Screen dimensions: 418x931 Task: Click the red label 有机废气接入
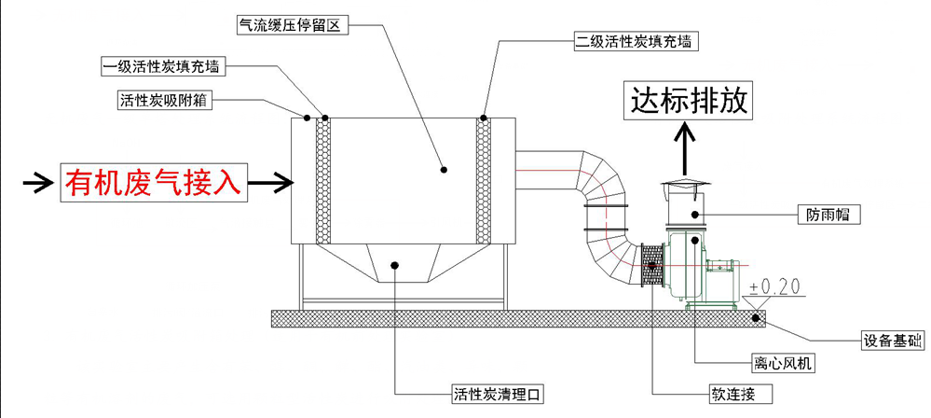tap(155, 182)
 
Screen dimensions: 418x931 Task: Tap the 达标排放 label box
tap(690, 100)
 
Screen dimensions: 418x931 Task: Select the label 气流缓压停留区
tap(293, 26)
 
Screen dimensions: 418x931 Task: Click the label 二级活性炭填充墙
tap(634, 41)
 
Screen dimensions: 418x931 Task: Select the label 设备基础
tap(889, 341)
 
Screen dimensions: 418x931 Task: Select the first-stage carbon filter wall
tap(323, 177)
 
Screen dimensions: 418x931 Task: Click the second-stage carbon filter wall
tap(484, 177)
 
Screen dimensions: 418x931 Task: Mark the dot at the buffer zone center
tap(444, 170)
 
